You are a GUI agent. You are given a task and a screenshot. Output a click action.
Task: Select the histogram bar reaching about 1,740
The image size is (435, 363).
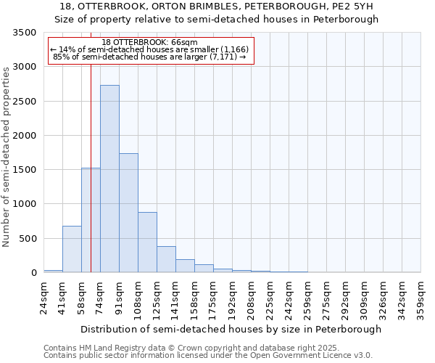pos(128,213)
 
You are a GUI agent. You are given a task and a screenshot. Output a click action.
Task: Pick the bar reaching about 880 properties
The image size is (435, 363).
pos(147,242)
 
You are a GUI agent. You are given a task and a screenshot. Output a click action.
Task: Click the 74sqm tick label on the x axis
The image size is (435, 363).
pos(100,298)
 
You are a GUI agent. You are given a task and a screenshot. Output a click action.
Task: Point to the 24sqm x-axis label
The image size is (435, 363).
pos(43,298)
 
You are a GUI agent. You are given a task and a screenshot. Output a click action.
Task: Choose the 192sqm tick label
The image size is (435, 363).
pos(232,300)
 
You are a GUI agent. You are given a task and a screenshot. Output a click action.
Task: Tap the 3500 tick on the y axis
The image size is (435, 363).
pos(25,33)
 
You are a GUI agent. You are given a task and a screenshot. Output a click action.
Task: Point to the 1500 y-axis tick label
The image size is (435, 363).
pos(25,170)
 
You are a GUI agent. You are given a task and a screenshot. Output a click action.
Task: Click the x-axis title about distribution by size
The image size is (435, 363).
pos(231,329)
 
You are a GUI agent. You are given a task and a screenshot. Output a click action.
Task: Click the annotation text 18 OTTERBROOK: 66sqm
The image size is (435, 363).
pos(150,42)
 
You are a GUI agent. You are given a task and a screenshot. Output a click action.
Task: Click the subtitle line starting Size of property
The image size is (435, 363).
pos(217,19)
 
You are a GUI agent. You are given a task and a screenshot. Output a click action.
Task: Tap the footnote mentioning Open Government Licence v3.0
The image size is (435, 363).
pos(208,355)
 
